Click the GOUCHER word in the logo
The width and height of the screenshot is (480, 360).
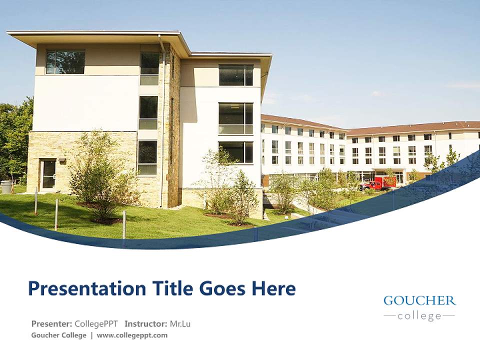[419, 300]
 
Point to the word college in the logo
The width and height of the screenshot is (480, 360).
[419, 316]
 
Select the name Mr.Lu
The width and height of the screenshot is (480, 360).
[180, 323]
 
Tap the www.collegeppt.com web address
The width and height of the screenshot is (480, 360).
[132, 335]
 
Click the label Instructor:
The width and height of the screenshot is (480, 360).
[146, 323]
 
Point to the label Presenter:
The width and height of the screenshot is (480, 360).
[52, 323]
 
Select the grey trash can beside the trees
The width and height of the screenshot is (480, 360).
[6, 187]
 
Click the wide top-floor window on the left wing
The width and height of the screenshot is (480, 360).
[65, 61]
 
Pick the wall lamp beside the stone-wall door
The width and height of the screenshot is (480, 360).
[61, 160]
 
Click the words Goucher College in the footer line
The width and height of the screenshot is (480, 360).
[58, 335]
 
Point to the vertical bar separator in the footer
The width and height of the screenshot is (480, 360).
[91, 335]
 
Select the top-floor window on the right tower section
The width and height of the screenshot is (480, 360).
[236, 75]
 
